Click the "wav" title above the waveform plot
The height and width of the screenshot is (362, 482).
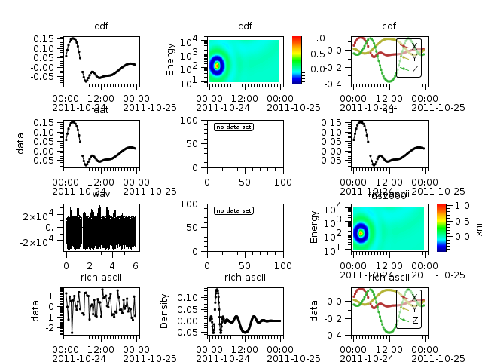coord(102,194)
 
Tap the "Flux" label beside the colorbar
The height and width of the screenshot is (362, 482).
coord(477,226)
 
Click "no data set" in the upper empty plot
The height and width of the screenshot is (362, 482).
coord(233,127)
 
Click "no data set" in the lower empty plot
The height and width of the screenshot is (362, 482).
coord(233,210)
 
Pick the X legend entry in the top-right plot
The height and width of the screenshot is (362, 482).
coord(413,46)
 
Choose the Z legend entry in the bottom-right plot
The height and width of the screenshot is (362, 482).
coord(415,321)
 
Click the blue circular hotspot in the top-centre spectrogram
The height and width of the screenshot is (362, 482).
coord(217,66)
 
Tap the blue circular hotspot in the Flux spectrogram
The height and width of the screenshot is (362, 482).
coord(361,233)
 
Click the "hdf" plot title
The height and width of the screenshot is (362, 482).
coord(389,110)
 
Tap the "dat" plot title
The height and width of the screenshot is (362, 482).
coord(102,110)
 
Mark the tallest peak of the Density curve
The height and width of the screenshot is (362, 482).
coord(217,290)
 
